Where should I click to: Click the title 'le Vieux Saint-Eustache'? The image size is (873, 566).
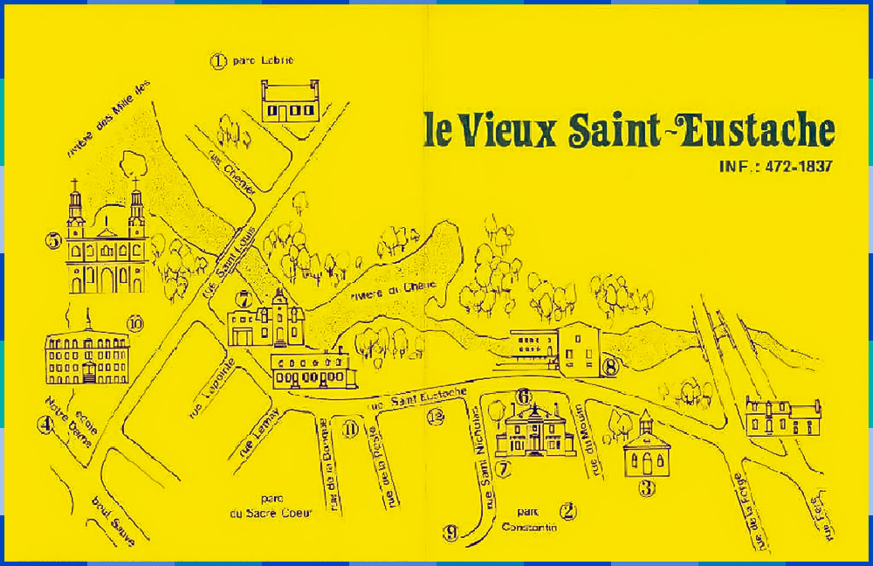coord(629,131)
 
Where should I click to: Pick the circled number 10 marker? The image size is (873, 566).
coord(134,324)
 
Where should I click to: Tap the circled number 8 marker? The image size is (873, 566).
coord(610,367)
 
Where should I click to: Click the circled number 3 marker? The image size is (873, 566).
coord(647,488)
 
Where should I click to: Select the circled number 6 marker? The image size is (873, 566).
coord(524,397)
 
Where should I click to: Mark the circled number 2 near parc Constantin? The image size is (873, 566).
coord(568,511)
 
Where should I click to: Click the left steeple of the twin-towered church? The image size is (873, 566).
coord(76,207)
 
